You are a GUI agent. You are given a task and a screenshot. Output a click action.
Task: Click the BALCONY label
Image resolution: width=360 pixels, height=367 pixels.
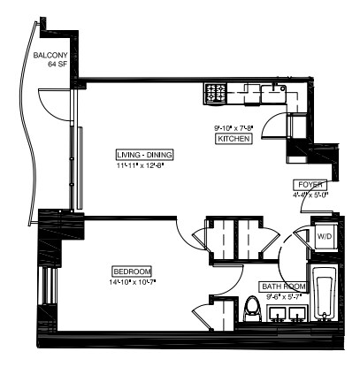click(46, 55)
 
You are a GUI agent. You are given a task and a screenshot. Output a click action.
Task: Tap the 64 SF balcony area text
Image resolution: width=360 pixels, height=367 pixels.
click(45, 65)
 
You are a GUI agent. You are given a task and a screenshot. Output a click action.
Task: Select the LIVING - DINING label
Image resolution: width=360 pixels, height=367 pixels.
click(144, 155)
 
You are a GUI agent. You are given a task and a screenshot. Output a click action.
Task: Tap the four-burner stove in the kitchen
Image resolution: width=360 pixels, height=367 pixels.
click(216, 91)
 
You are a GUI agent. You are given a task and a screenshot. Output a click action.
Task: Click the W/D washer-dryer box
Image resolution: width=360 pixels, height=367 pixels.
click(326, 236)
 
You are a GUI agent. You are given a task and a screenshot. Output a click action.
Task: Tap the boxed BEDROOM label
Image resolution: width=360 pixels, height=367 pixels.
click(133, 271)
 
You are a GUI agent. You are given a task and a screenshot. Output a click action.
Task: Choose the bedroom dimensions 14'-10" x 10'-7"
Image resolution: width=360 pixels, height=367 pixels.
click(133, 281)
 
